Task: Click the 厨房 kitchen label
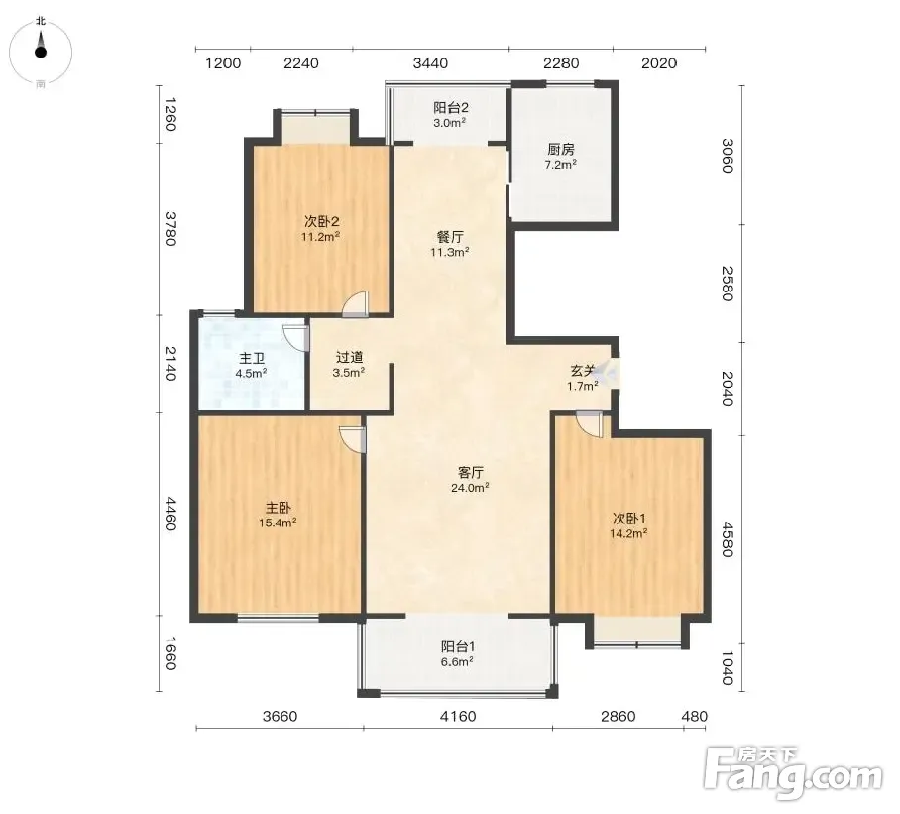[x=561, y=150]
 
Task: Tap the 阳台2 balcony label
[x=451, y=108]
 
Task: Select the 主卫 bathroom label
[x=252, y=359]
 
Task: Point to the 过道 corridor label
[x=349, y=358]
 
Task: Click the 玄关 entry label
[x=583, y=371]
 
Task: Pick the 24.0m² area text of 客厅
[x=470, y=488]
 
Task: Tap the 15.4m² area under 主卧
[x=278, y=523]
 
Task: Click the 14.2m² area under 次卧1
[x=628, y=533]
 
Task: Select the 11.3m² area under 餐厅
[x=450, y=252]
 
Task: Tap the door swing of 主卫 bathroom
[x=296, y=338]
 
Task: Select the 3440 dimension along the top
[x=430, y=63]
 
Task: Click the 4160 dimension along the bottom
[x=458, y=717]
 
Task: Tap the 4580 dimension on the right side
[x=728, y=539]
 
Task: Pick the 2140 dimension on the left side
[x=169, y=363]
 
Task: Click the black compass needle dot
[x=41, y=53]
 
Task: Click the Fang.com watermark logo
[x=793, y=773]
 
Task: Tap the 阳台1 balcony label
[x=458, y=647]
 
